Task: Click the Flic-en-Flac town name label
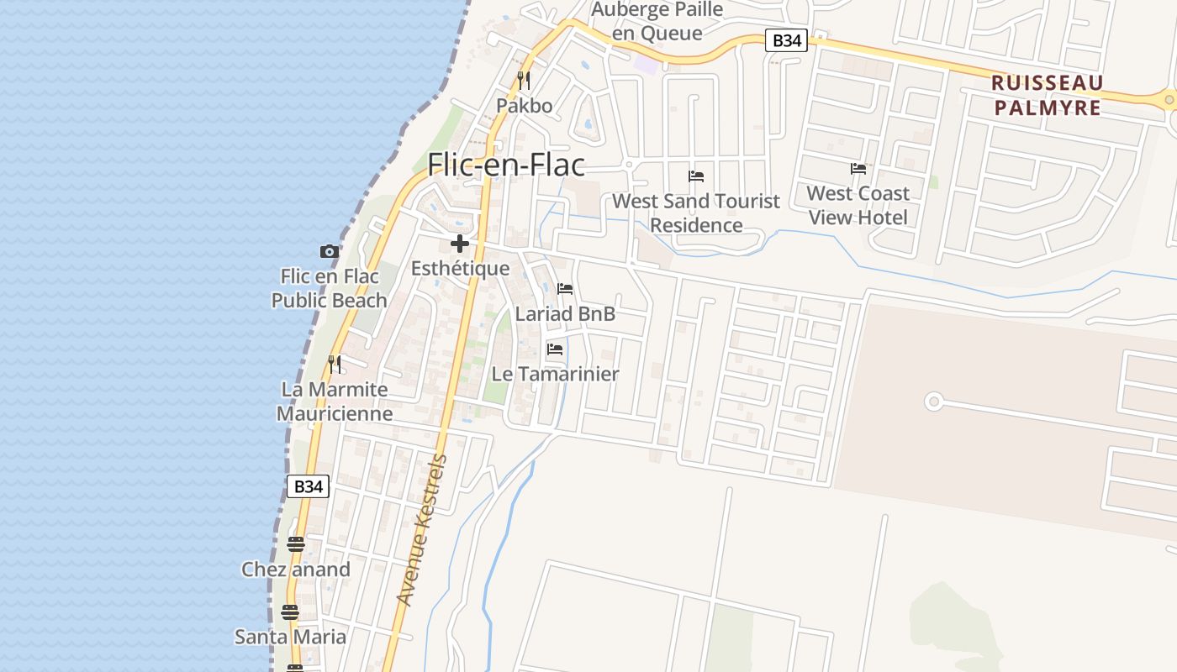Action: (x=505, y=165)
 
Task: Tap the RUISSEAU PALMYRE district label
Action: (x=1047, y=96)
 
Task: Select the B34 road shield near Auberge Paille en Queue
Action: (x=786, y=40)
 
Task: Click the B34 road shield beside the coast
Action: (x=308, y=486)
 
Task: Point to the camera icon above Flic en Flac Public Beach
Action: (x=330, y=251)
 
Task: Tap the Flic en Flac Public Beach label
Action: (x=329, y=288)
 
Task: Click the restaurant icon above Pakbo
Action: (x=524, y=80)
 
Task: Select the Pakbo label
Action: (x=524, y=106)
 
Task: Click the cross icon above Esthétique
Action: (x=460, y=244)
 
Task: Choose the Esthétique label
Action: (x=460, y=269)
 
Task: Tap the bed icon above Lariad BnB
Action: (x=565, y=289)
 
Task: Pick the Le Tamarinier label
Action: (x=555, y=374)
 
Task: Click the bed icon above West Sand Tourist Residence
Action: (x=696, y=176)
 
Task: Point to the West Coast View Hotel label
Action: (x=858, y=206)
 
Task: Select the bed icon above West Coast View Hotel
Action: (x=858, y=169)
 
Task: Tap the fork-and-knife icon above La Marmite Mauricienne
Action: (x=335, y=364)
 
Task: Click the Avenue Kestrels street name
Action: (x=422, y=531)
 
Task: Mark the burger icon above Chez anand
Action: (x=295, y=544)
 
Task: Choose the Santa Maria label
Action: (x=290, y=637)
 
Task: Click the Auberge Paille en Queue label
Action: (x=657, y=22)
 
